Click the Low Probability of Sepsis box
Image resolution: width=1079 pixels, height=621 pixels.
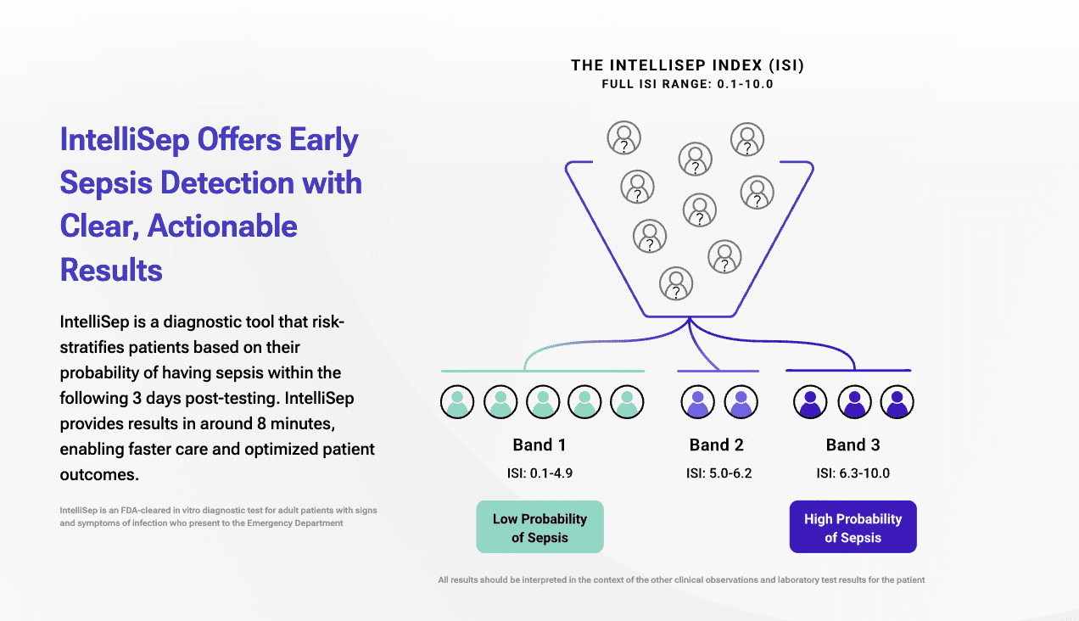pos(539,527)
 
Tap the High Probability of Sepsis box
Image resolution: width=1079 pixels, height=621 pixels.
pos(853,527)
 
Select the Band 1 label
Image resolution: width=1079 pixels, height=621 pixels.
pos(539,445)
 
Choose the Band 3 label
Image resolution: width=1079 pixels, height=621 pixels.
pos(853,445)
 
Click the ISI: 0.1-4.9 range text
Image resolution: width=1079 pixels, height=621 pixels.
pos(539,473)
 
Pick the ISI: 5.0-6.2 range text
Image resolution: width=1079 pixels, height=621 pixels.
pos(718,473)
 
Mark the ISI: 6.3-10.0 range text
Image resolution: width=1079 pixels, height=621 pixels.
pos(853,473)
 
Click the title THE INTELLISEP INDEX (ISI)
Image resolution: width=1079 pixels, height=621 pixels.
pos(687,65)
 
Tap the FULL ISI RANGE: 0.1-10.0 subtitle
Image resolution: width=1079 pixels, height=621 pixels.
pos(687,84)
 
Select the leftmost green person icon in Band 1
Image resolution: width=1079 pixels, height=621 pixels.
pos(457,401)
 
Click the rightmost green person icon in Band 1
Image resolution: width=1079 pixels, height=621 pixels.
pos(627,401)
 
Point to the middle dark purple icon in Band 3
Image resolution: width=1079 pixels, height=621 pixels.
pos(853,401)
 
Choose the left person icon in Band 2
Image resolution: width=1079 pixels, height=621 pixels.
pos(698,401)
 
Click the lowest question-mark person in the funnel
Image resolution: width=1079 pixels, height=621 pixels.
pos(675,284)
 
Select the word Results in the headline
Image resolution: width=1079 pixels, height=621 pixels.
pos(111,270)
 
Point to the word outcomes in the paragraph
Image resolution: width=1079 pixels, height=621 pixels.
pos(98,474)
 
